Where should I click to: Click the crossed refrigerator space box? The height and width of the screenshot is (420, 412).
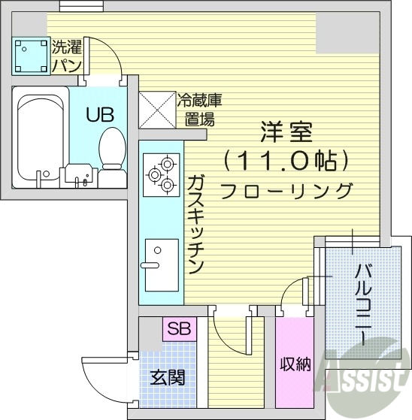coord(156,110)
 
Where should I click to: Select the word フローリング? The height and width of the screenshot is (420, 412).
coord(286,191)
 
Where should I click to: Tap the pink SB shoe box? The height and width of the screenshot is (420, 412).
coord(179,328)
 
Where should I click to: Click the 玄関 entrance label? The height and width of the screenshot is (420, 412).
coord(168,376)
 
